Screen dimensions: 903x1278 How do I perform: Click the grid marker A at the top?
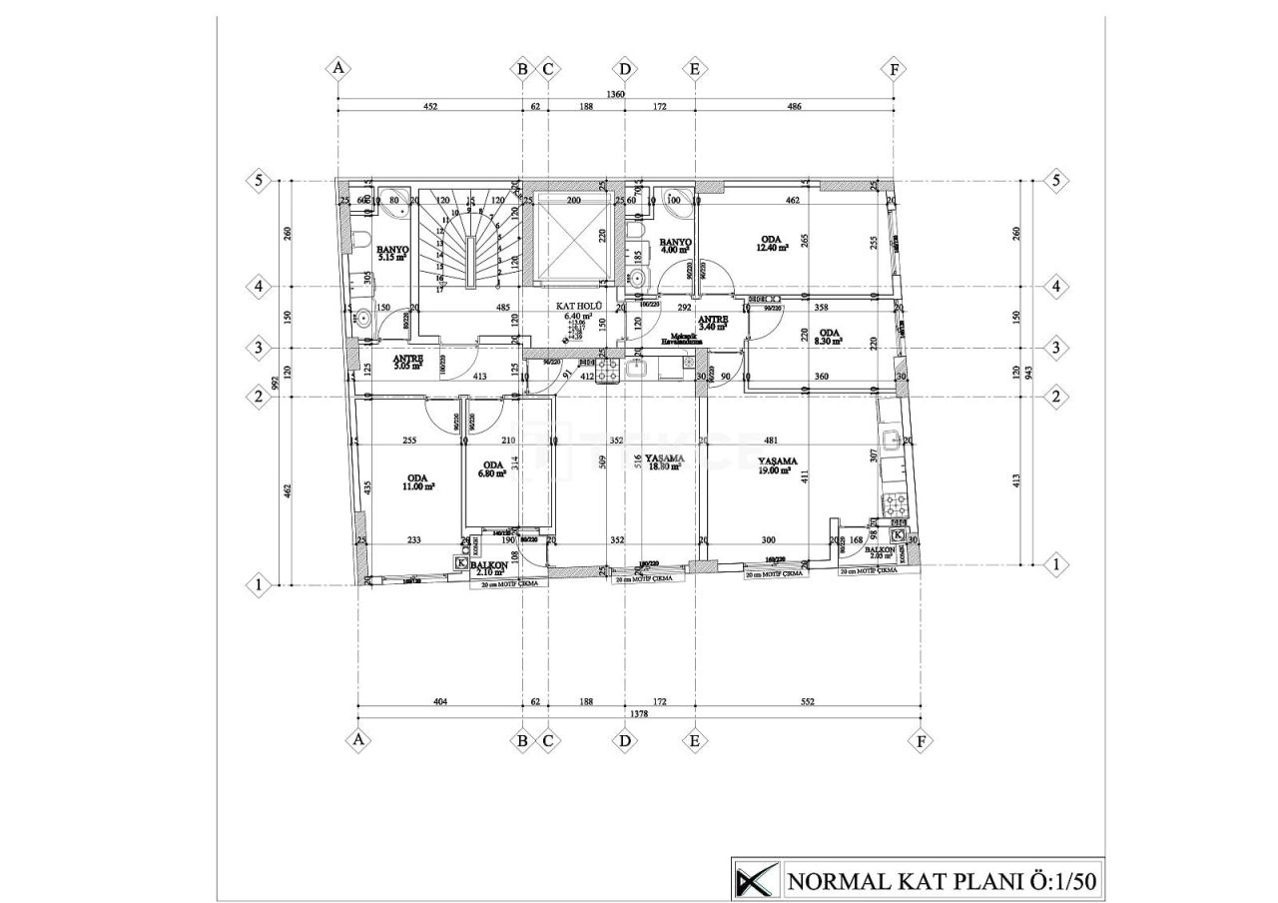click(x=338, y=68)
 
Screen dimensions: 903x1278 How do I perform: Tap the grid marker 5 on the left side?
click(x=259, y=181)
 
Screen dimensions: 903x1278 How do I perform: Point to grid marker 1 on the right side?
click(x=1055, y=564)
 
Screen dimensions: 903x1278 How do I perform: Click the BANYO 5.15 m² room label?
click(x=392, y=253)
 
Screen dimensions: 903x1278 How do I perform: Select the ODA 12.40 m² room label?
click(x=771, y=243)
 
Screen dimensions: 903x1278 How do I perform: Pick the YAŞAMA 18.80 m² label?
click(x=664, y=461)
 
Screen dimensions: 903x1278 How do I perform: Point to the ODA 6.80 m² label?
click(x=492, y=469)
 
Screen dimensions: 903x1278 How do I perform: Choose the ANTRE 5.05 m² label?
click(x=407, y=362)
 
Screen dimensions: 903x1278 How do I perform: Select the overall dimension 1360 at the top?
click(x=616, y=95)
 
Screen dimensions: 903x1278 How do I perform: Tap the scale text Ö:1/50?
click(x=1061, y=881)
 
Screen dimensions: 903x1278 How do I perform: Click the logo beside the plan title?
click(x=755, y=880)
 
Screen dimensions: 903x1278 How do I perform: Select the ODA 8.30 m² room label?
click(x=829, y=337)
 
